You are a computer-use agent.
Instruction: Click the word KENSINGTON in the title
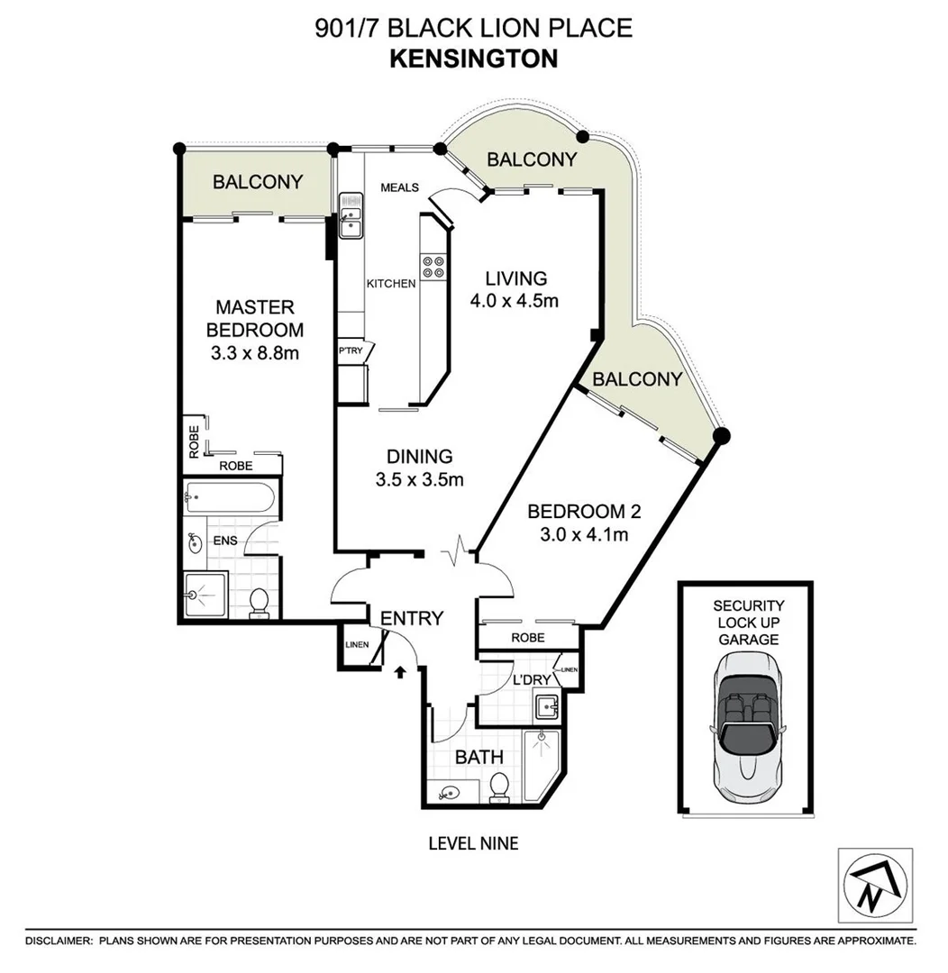473,59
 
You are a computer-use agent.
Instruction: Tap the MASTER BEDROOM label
254,319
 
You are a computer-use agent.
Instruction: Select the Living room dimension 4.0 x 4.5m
514,301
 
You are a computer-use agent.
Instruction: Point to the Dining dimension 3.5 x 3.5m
419,480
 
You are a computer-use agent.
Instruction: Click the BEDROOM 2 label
583,512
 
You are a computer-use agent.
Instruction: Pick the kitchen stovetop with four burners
433,267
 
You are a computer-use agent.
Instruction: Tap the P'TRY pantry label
349,350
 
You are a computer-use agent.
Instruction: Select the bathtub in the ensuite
231,496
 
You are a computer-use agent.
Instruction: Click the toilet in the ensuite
259,601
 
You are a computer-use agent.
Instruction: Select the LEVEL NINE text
473,843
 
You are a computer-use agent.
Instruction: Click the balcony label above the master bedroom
257,181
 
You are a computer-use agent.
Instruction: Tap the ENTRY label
412,618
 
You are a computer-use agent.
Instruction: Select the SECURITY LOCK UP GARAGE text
748,623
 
